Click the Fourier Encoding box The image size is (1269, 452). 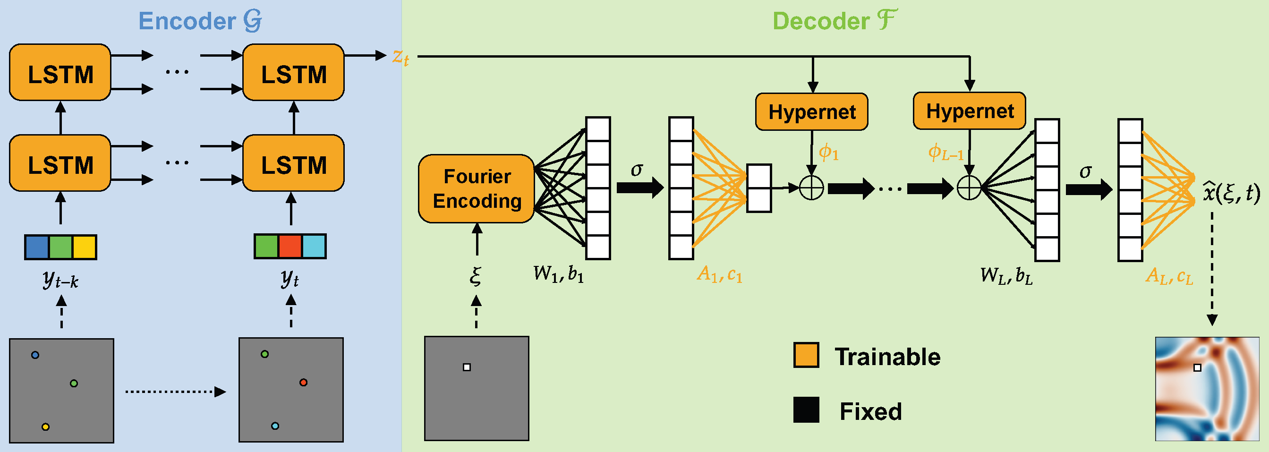(x=477, y=189)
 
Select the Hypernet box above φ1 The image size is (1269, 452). (x=811, y=112)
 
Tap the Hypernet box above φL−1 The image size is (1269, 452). (x=969, y=111)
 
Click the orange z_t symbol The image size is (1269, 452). (x=400, y=57)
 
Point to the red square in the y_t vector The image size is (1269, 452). (x=290, y=246)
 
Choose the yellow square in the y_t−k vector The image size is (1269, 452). (x=84, y=247)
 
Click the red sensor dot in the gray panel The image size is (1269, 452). (x=304, y=383)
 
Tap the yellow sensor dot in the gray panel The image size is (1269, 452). (x=45, y=427)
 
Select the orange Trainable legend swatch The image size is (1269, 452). (x=806, y=355)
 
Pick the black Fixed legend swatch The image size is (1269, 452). (x=806, y=410)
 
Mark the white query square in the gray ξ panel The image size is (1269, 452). (x=467, y=367)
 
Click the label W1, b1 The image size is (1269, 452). (x=558, y=274)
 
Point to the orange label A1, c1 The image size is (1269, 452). (x=719, y=274)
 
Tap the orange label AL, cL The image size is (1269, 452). (x=1169, y=276)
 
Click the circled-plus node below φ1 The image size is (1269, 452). (x=811, y=188)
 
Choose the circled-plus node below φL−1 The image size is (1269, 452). (x=969, y=188)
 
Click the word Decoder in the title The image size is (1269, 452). (x=821, y=21)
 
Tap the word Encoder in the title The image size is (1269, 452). (x=187, y=21)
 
